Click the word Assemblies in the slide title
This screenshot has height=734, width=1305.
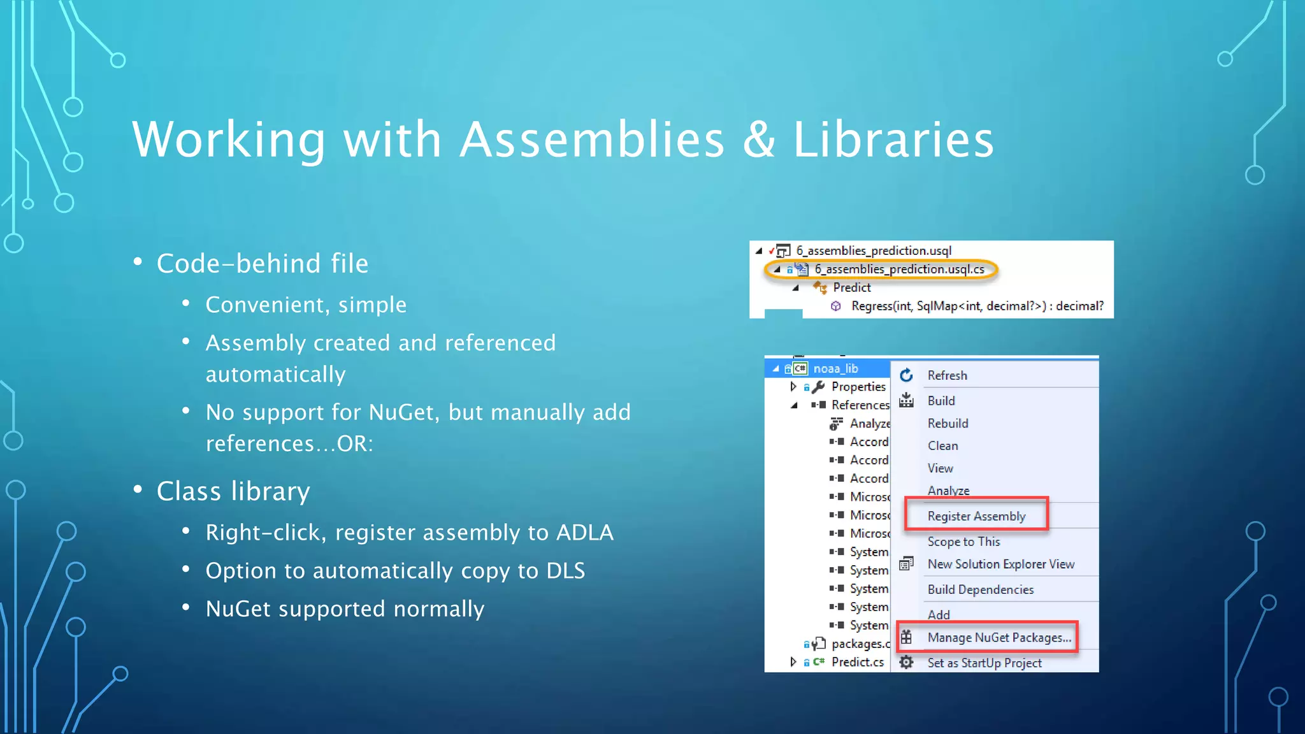[x=592, y=140]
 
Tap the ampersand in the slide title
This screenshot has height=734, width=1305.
[x=759, y=140]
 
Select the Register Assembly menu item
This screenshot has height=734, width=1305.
[x=976, y=516]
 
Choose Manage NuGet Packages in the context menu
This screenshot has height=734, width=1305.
[x=999, y=638]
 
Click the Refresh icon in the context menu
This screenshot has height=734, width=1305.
[x=906, y=375]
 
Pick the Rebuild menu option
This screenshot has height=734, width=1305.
[x=948, y=424]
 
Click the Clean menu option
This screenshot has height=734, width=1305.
[x=942, y=446]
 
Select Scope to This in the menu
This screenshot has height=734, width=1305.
[x=963, y=542]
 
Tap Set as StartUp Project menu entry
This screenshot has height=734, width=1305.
[x=984, y=663]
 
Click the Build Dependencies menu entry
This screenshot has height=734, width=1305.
[x=981, y=589]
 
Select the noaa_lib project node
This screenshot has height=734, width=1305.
[x=835, y=368]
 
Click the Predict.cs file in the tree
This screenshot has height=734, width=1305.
[x=857, y=662]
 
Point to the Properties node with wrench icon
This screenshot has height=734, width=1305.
[x=858, y=387]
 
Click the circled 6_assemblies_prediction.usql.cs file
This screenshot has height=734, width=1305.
[x=899, y=270]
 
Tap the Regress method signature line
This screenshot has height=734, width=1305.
[x=977, y=306]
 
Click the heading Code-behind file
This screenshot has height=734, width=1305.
[x=263, y=264]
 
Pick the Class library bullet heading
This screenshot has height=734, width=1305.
[x=233, y=491]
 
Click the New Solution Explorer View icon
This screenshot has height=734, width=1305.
[x=906, y=564]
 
